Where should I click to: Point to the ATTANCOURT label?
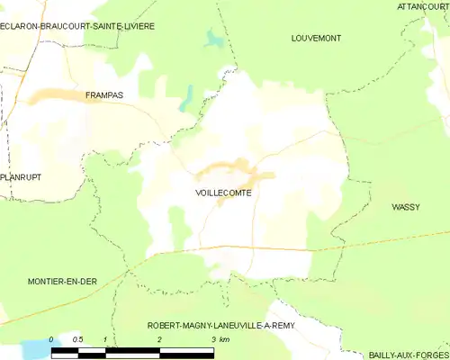tap(422, 5)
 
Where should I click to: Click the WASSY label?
tap(406, 207)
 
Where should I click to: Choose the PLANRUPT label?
tap(22, 177)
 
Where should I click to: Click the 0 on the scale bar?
tap(51, 339)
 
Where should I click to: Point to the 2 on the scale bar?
tap(159, 339)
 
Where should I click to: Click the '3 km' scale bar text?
tap(220, 339)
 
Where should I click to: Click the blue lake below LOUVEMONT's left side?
tap(212, 40)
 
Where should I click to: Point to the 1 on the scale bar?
tap(105, 339)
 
